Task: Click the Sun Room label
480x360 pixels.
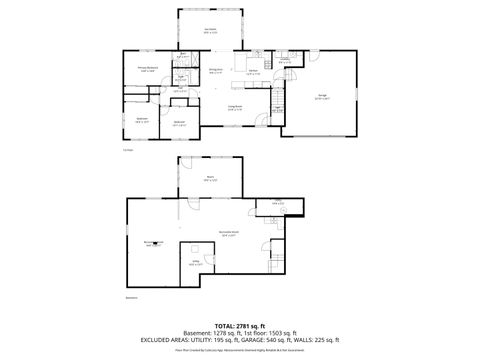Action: pos(211,29)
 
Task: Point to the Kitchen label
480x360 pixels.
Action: pos(254,72)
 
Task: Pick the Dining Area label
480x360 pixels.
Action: pos(215,69)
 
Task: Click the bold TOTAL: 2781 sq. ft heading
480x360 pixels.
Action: pos(239,326)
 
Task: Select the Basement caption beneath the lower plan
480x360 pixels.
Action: pos(131,298)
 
